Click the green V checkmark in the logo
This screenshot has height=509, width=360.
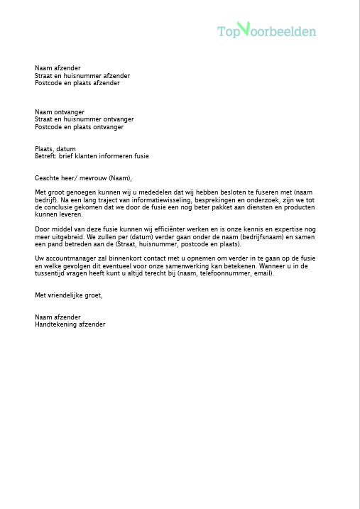click(244, 28)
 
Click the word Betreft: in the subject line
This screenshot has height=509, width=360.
click(45, 155)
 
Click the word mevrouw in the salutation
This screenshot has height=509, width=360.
click(92, 178)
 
